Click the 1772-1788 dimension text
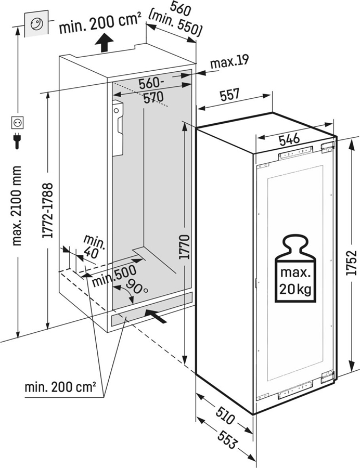(x=48, y=210)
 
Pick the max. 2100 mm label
(x=17, y=205)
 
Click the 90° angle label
(x=137, y=287)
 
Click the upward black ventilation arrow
(x=104, y=43)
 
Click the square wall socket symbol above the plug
(x=17, y=123)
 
